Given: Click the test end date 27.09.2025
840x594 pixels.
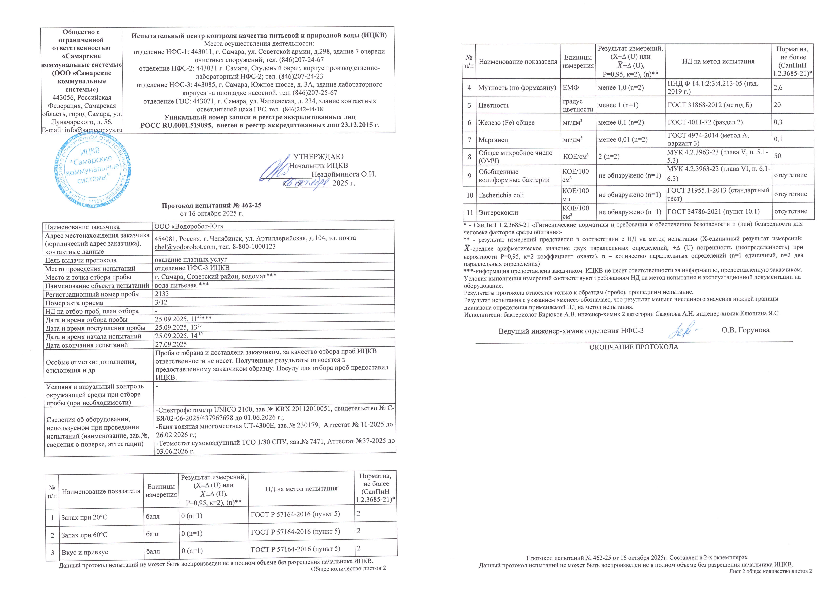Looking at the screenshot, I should click(171, 344).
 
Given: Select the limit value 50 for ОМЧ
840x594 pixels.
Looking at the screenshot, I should click(777, 156).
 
